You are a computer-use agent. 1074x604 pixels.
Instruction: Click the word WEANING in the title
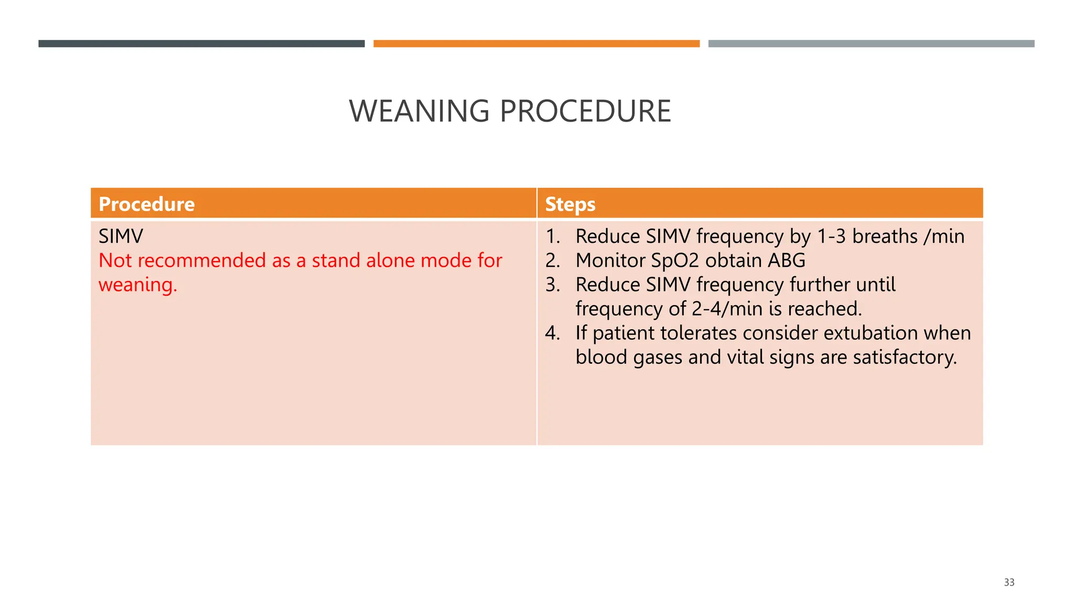[419, 111]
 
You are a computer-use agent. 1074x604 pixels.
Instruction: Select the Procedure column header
[146, 204]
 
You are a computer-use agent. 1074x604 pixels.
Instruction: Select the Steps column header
[570, 204]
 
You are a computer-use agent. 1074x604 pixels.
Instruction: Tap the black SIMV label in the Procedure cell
[121, 236]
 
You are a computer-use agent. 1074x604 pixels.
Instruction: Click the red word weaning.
[137, 285]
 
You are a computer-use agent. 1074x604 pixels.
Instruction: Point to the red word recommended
[202, 261]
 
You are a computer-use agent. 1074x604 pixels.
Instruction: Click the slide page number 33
[1008, 582]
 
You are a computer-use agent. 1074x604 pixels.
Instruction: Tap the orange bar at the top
[536, 44]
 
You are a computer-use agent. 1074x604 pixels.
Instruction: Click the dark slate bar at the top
[201, 44]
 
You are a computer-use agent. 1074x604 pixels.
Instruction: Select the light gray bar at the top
[871, 44]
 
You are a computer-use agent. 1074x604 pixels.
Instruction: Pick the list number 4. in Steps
[552, 333]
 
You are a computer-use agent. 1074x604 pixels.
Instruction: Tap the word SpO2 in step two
[675, 261]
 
